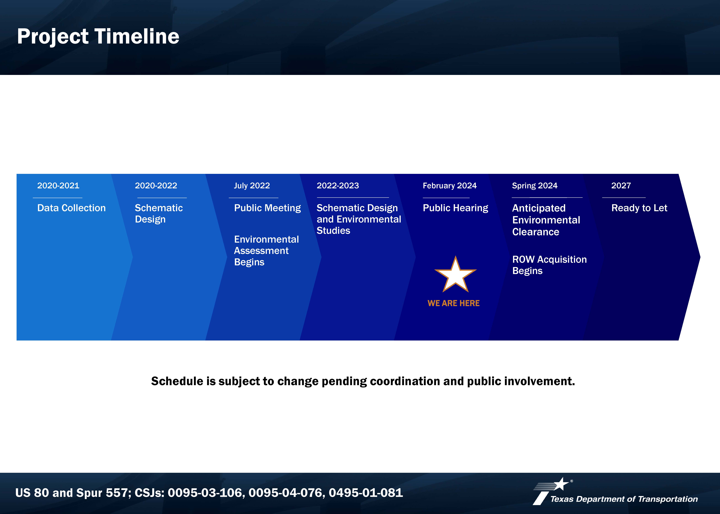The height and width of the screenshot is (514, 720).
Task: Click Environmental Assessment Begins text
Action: [x=266, y=251]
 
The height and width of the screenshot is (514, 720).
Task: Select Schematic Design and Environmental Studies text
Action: [x=359, y=219]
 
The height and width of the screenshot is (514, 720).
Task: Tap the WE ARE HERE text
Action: [x=453, y=303]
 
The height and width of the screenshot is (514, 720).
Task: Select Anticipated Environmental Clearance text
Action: [x=546, y=220]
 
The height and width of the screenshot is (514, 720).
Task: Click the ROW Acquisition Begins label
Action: [x=549, y=265]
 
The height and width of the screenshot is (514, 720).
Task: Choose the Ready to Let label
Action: [x=639, y=208]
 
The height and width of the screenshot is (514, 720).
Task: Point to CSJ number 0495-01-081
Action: [x=366, y=493]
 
